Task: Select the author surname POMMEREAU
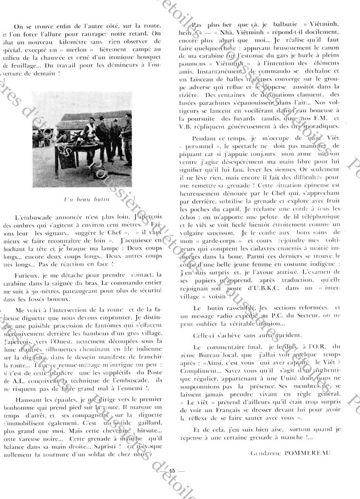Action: tap(308, 452)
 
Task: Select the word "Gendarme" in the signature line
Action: tap(266, 452)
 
